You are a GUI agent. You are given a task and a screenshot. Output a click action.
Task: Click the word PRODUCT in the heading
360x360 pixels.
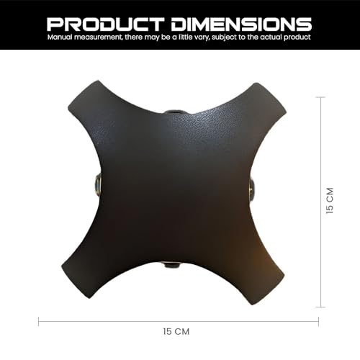coord(106,24)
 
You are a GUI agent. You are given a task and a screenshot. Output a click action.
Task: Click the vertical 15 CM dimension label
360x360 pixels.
coord(330,201)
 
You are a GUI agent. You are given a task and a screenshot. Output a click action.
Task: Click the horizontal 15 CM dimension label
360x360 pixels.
coord(176,332)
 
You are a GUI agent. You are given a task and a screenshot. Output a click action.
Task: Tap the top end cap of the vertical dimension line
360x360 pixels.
coord(321,97)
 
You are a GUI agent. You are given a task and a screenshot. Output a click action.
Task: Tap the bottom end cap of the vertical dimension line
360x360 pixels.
coord(321,307)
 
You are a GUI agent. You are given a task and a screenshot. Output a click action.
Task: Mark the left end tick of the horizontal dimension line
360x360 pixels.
coord(39,321)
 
